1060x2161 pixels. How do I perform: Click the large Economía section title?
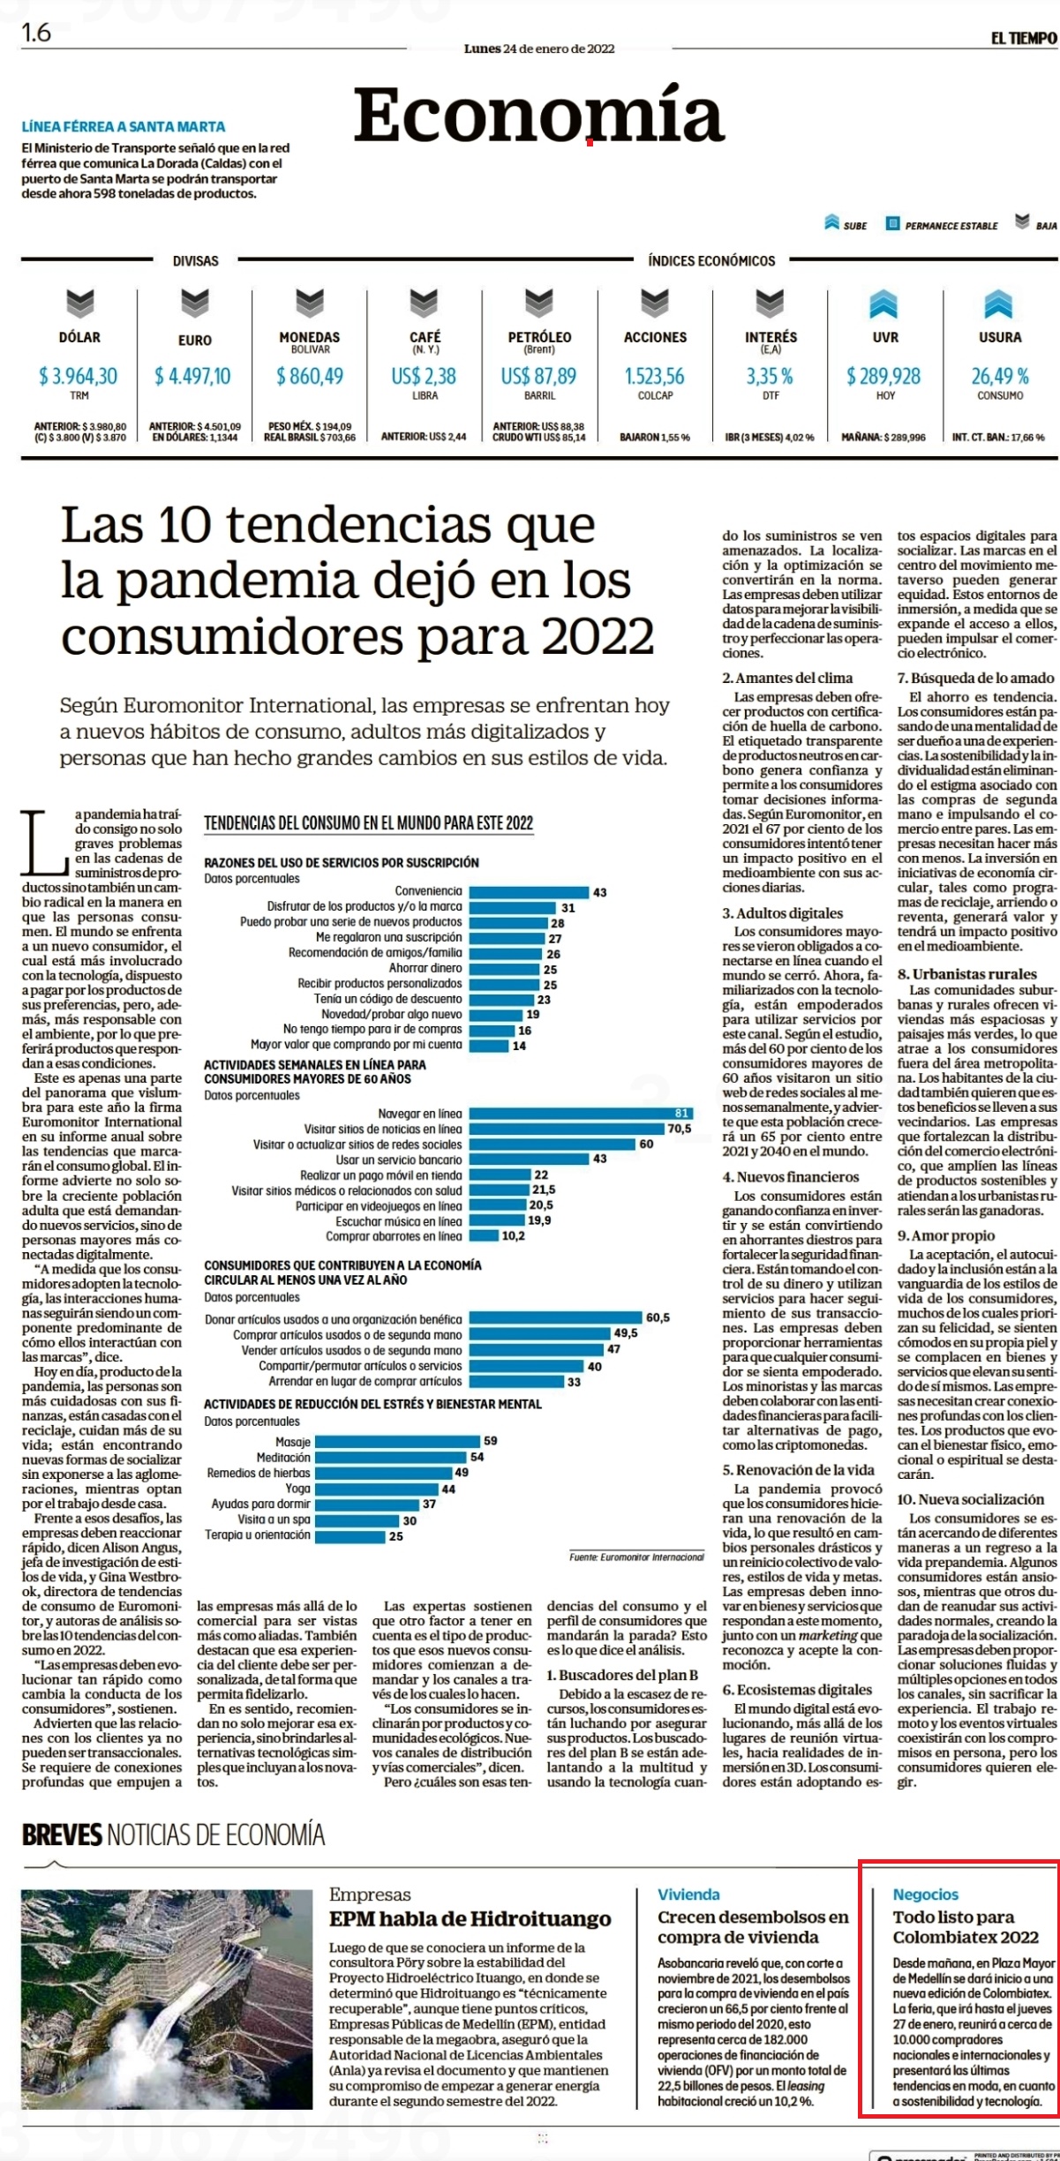click(538, 116)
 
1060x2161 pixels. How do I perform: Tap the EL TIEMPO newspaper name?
click(1023, 38)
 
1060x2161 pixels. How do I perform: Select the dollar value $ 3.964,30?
click(78, 376)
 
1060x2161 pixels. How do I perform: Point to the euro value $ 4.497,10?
click(193, 376)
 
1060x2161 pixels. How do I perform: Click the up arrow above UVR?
click(883, 304)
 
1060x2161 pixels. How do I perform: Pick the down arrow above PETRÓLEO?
click(539, 304)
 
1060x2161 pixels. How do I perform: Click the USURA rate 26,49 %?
click(1000, 376)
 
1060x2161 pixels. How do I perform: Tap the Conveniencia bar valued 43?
click(529, 892)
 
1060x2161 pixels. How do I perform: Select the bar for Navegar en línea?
click(580, 1114)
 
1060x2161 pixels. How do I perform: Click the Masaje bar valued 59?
click(398, 1441)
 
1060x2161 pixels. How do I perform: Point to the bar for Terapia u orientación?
click(350, 1536)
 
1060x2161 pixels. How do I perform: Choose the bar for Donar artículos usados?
click(555, 1318)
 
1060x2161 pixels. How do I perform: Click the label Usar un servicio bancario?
click(398, 1159)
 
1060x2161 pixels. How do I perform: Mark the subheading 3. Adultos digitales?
click(783, 913)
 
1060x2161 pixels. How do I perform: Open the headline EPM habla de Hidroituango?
click(470, 1919)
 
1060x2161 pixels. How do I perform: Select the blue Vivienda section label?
click(688, 1894)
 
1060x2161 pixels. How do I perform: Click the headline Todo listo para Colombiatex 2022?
click(966, 1927)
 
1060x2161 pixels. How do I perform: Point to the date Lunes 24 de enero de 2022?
click(539, 49)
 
